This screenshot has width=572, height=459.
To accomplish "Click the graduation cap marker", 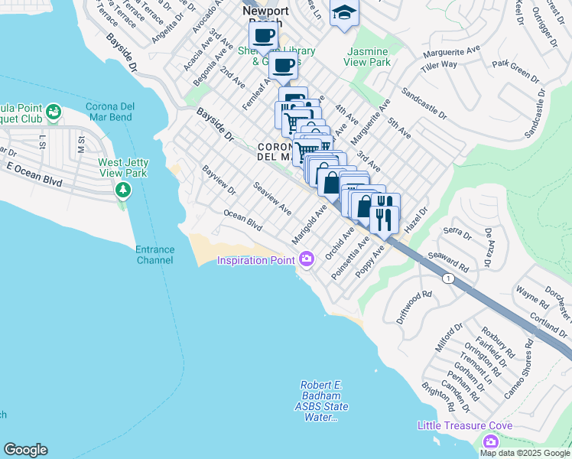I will point(344,13).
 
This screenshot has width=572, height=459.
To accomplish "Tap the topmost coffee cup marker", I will point(264,34).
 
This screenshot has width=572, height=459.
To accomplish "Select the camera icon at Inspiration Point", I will point(307,260).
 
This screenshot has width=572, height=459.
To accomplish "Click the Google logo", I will point(25,450).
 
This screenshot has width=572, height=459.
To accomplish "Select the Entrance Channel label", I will point(155,255).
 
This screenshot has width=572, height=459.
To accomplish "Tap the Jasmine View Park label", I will point(369,57).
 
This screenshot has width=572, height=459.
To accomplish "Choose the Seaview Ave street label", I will point(273,198).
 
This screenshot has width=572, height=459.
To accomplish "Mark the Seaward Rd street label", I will point(448,261).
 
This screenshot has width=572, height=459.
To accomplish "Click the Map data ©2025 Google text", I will point(525,453).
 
